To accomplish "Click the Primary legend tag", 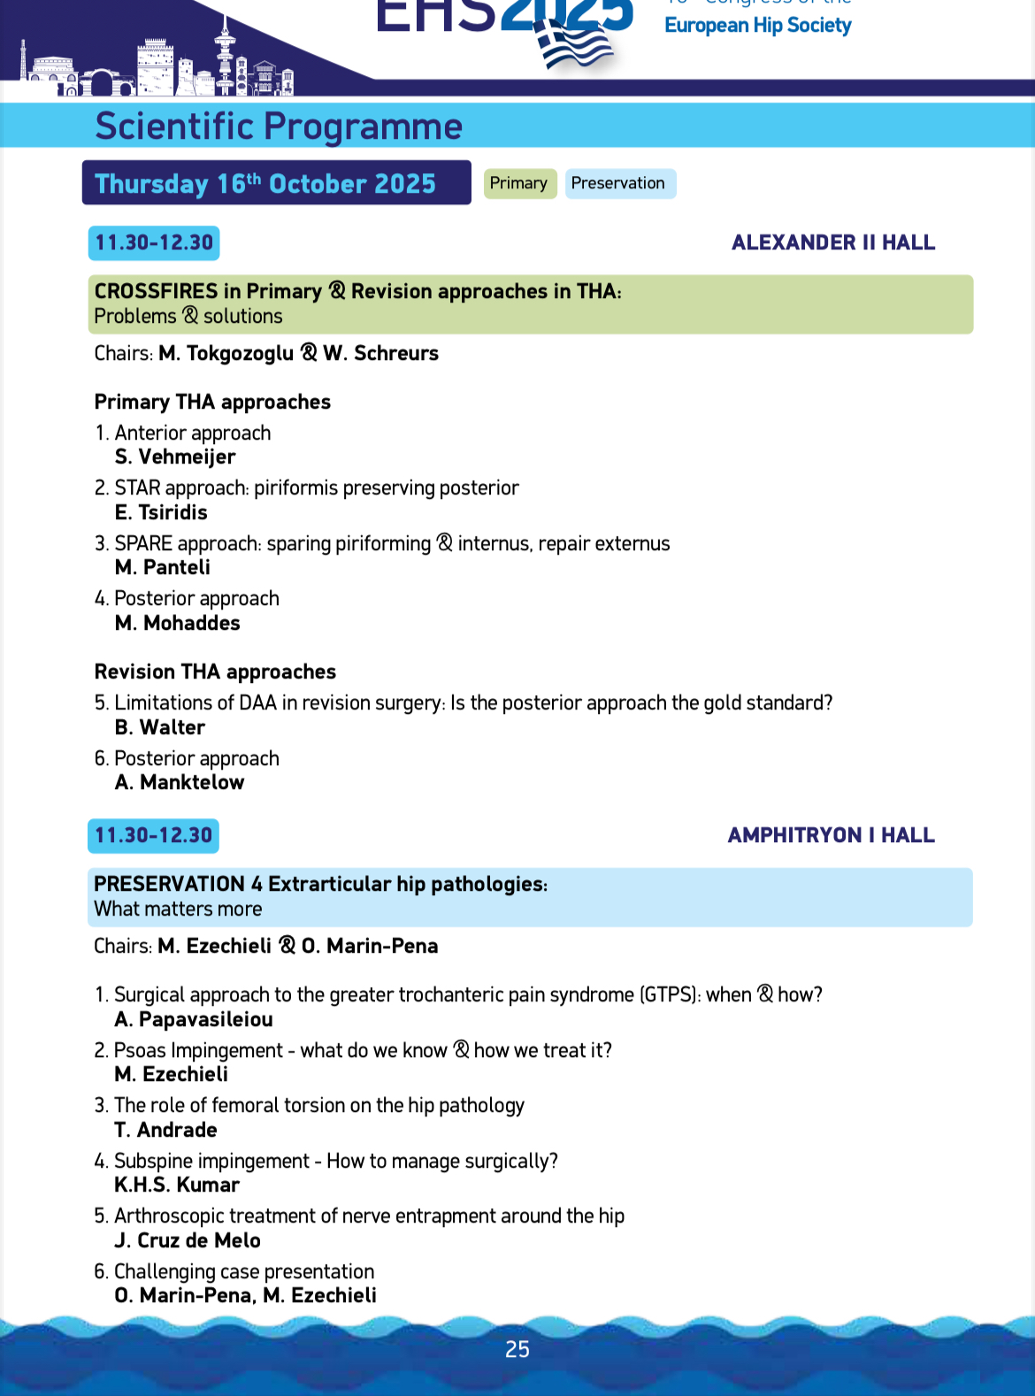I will (519, 183).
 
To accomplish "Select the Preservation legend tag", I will (619, 183).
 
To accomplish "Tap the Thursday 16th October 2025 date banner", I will (275, 183).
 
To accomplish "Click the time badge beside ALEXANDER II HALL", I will (154, 243).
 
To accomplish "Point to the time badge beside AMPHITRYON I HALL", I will (154, 836).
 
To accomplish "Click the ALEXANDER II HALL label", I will (833, 243).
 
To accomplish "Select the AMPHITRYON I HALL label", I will (831, 836).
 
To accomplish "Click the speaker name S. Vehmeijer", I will (175, 457).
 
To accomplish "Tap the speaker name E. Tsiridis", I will (161, 513).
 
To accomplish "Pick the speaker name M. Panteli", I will (163, 568).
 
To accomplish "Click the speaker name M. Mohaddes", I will (177, 624).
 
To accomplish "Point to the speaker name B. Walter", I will (160, 728).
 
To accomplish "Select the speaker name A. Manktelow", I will (180, 783).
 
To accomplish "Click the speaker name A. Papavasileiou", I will (194, 1020).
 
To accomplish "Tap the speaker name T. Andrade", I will (165, 1131).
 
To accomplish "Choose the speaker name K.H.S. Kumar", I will (177, 1185).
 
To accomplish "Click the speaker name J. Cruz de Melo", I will (188, 1241).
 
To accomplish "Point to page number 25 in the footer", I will (517, 1349).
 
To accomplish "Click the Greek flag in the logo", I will (575, 44).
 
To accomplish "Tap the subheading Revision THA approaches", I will (215, 672).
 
